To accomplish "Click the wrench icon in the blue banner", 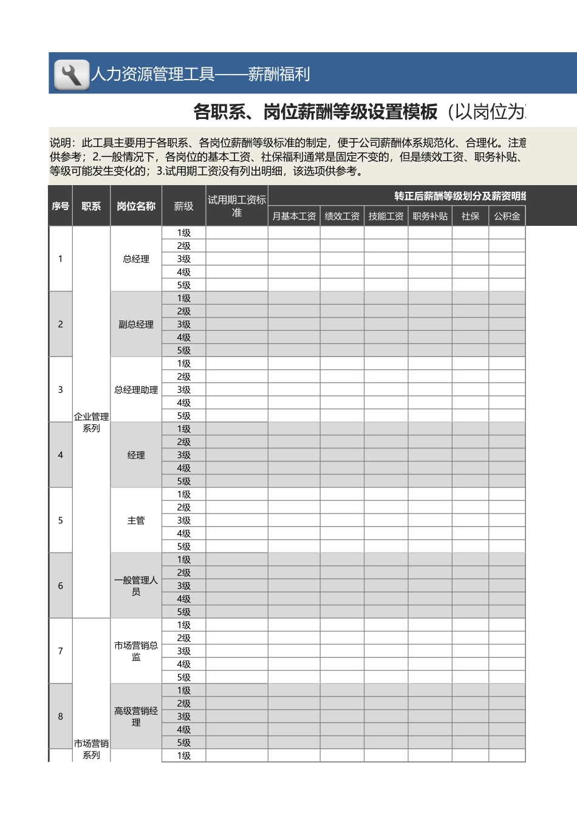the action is click(72, 75).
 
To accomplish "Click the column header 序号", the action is click(60, 206).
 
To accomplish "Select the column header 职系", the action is click(91, 206).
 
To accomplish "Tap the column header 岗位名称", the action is click(136, 206).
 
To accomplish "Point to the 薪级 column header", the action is click(183, 206).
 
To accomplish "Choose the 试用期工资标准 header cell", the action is click(237, 206).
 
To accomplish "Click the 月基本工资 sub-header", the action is click(294, 216).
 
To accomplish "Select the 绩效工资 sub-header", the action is click(342, 216).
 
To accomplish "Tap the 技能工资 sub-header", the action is click(386, 216).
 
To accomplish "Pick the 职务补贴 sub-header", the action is click(430, 216).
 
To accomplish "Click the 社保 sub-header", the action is click(470, 216).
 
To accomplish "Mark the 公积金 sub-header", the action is click(507, 216).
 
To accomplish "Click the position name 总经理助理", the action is click(136, 390).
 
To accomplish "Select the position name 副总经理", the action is click(136, 324).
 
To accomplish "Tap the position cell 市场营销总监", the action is click(136, 651).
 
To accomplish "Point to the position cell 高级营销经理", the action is click(136, 716).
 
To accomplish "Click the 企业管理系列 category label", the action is click(91, 422).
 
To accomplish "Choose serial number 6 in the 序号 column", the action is click(60, 586).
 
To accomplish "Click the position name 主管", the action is click(136, 520).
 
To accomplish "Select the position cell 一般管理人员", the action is click(136, 586).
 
